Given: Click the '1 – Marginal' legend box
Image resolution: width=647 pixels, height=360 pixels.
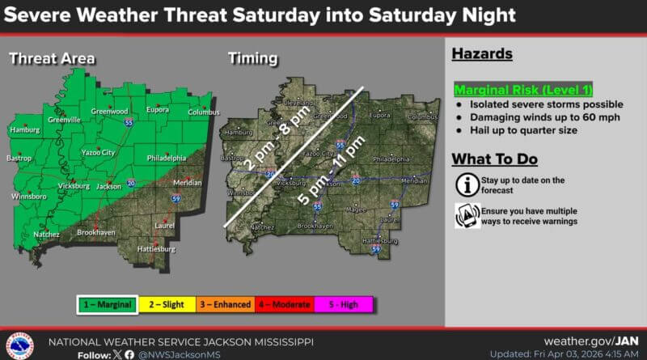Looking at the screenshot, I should (x=107, y=304).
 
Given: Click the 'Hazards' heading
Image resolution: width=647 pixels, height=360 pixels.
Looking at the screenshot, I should (x=482, y=55).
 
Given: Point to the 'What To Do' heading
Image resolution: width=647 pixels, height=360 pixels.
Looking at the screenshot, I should (x=494, y=159).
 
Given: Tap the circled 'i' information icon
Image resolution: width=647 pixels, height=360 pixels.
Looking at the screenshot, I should (x=466, y=184).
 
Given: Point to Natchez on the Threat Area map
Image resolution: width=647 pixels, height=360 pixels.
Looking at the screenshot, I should (x=44, y=233).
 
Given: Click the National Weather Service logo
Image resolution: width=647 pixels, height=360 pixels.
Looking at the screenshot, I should (x=19, y=345).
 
